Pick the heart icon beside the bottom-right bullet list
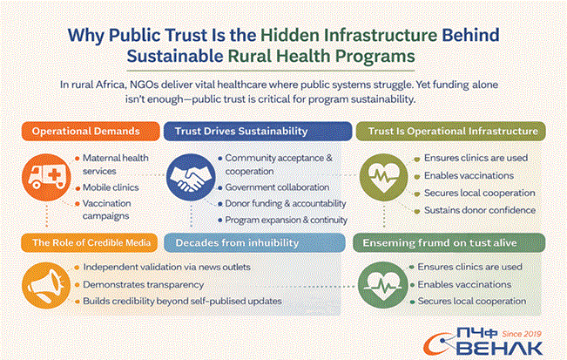point(381,283)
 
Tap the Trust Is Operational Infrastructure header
point(450,131)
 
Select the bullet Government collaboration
point(276,187)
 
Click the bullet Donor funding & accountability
point(285,203)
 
